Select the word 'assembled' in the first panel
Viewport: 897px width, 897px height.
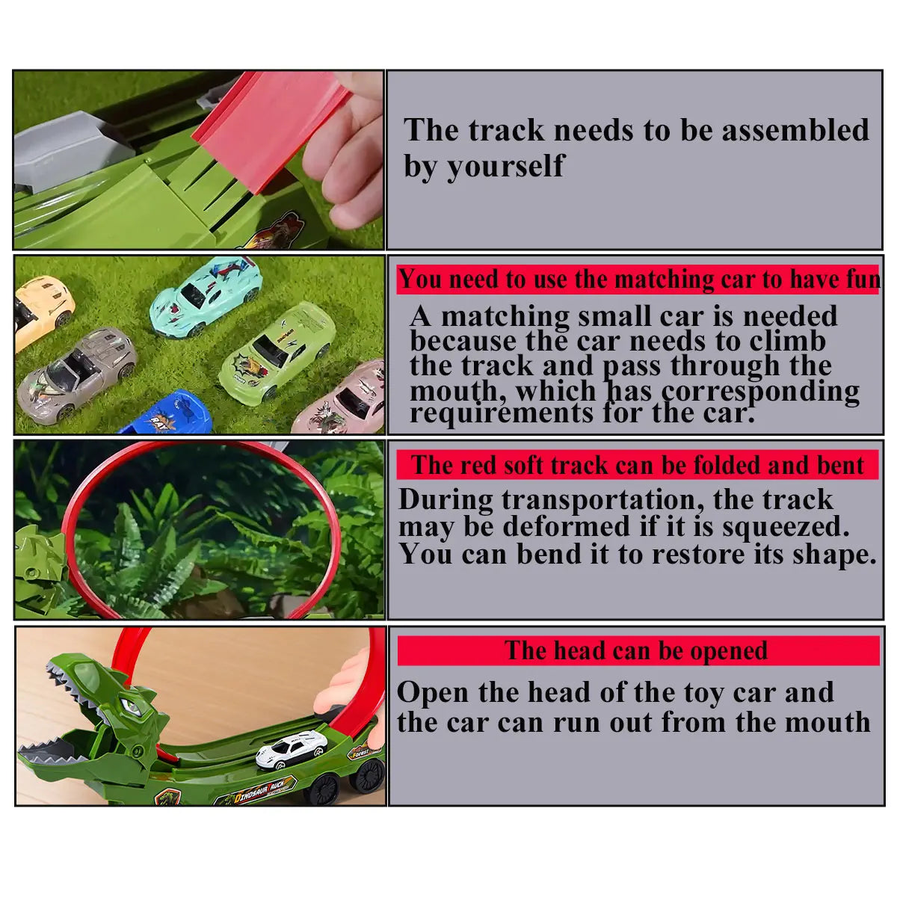click(795, 129)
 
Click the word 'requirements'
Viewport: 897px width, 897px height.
click(502, 413)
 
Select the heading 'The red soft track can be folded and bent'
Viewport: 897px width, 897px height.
click(638, 464)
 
